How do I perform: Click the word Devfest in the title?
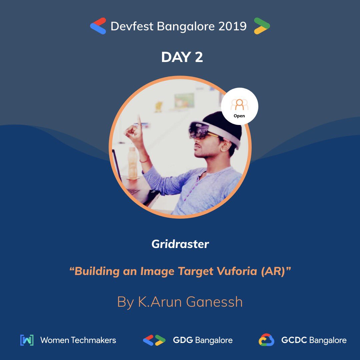coord(131,26)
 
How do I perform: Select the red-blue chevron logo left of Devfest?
coord(98,26)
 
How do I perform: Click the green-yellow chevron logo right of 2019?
coord(262,26)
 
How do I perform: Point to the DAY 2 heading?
coord(182,57)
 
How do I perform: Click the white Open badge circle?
coord(239,106)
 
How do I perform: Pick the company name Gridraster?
coord(180,244)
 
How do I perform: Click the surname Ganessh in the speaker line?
coord(214,302)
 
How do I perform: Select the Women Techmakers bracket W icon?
coord(27,340)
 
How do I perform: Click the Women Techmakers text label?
coord(78,340)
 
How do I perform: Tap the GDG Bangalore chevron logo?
coord(154,340)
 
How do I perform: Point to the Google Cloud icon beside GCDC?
coord(266,340)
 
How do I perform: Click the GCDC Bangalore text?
coord(314,340)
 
